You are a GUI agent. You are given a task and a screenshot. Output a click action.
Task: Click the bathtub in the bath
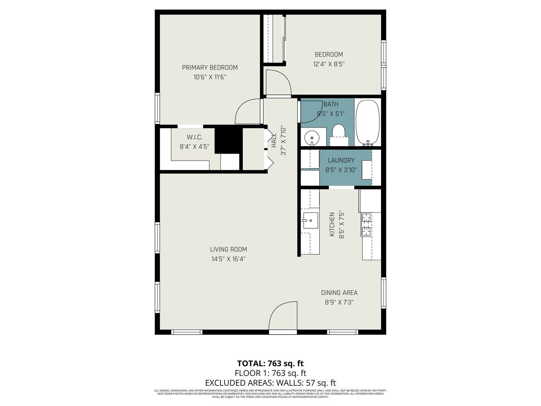[368, 122]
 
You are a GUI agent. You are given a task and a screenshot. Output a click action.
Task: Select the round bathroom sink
[312, 138]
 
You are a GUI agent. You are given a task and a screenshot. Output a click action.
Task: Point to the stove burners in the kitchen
[366, 225]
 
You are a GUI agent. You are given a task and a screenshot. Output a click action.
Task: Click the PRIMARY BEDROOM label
[210, 68]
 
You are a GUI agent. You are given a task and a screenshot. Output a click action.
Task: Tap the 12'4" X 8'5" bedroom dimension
[329, 64]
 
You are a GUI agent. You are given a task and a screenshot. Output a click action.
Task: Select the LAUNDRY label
[341, 160]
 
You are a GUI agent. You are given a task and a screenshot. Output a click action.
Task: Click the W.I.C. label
[194, 137]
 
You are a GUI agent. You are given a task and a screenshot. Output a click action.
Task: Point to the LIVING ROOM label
[229, 249]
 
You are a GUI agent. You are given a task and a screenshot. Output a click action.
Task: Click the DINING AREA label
[339, 293]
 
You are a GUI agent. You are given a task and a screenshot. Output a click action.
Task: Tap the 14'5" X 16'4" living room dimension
[229, 259]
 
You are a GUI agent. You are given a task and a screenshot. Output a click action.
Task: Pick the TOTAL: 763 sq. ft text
[270, 363]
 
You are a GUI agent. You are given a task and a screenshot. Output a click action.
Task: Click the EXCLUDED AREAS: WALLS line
[270, 383]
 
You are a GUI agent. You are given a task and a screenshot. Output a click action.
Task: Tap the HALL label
[274, 140]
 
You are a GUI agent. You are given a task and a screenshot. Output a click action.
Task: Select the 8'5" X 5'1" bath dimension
[330, 114]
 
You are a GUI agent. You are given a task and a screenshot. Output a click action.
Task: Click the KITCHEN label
[332, 225]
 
